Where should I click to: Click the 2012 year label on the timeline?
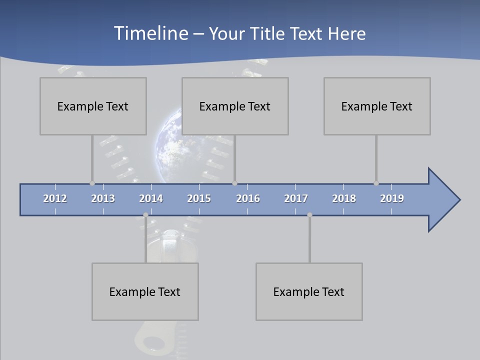(x=55, y=198)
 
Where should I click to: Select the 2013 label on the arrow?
(x=103, y=198)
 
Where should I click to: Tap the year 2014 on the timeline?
(x=151, y=198)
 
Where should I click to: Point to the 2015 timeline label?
(x=199, y=198)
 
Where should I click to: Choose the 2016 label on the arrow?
(x=248, y=198)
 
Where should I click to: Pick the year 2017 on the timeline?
(x=296, y=198)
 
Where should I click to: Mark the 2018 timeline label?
(x=344, y=198)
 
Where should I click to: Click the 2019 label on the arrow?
(x=392, y=198)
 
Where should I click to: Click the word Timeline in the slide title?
(x=150, y=33)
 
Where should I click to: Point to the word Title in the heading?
(x=268, y=33)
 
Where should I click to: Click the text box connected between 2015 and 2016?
(x=235, y=106)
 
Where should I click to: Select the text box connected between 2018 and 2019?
(x=377, y=106)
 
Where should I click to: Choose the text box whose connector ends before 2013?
(x=93, y=106)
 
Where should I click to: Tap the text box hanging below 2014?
(x=145, y=291)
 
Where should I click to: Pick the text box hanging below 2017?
(x=309, y=291)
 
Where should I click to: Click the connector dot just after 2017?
(x=309, y=215)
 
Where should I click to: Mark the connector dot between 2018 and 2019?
(x=376, y=183)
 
